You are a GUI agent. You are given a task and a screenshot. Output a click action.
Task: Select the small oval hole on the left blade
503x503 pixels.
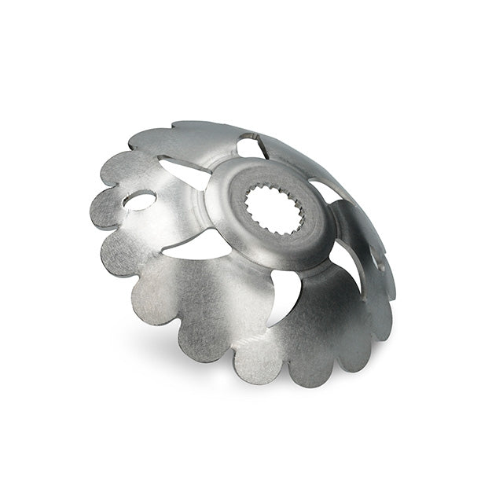(140, 202)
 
